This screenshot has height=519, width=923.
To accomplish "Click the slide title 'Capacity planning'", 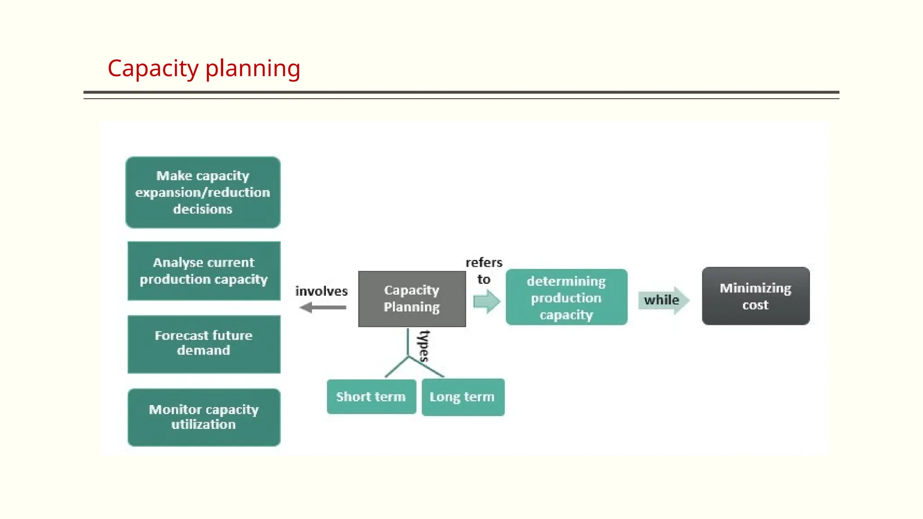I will (204, 68).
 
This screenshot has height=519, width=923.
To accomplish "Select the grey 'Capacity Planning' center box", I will (411, 299).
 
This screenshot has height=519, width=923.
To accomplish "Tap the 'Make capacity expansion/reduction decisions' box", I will (203, 192).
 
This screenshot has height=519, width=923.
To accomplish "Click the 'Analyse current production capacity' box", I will (204, 271).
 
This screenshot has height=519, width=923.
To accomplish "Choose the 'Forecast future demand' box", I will (204, 344).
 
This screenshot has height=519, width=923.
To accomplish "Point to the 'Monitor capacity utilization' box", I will (204, 417).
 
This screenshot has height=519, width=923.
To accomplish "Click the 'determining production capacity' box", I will (566, 297).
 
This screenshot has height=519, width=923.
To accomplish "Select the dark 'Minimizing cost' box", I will (755, 296).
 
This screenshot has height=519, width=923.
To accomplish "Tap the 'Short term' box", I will (371, 397).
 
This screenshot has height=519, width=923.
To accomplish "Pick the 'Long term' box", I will (462, 397).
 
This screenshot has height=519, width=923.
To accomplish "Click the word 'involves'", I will (321, 291).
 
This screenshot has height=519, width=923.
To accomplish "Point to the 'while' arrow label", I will (661, 300).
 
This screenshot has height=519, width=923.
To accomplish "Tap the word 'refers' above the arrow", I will (484, 262).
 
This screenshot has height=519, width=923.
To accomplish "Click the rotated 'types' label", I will (424, 346).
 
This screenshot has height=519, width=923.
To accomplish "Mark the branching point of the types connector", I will (408, 357).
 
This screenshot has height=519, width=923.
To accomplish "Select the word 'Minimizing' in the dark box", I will (755, 288).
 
